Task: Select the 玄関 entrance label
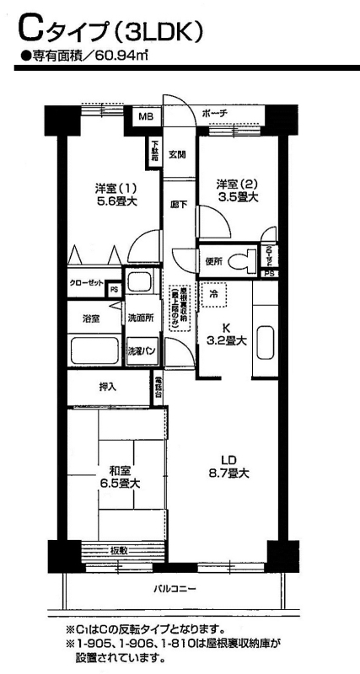tap(176, 154)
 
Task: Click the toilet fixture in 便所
tap(246, 260)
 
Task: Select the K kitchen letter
tap(226, 327)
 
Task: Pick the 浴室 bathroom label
tap(90, 318)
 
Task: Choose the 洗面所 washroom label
tap(140, 318)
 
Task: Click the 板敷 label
tap(118, 551)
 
